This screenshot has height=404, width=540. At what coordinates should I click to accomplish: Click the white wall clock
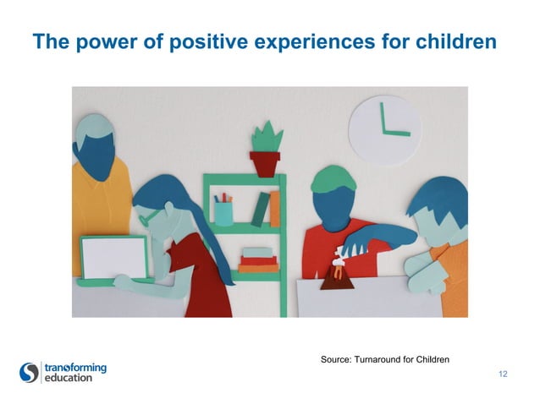(384, 126)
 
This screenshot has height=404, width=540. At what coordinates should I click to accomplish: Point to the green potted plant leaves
(265, 136)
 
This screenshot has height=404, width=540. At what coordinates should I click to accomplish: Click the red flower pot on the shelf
(265, 162)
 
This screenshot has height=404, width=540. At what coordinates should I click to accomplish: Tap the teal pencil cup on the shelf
(223, 212)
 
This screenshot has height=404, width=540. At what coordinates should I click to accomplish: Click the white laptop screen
(114, 256)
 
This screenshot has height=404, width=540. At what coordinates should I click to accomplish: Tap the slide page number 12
(504, 374)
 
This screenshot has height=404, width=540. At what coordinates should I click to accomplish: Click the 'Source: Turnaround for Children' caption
(385, 360)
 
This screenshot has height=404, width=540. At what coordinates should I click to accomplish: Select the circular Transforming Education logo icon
(30, 372)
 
